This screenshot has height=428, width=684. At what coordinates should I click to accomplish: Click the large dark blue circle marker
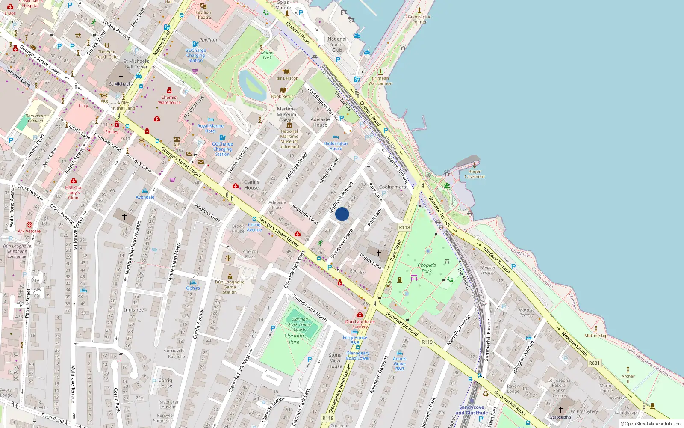click(342, 214)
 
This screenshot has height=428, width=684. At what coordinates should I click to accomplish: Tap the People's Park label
click(426, 268)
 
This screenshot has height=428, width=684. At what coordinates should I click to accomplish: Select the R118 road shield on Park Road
click(404, 228)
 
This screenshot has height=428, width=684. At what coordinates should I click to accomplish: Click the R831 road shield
click(594, 363)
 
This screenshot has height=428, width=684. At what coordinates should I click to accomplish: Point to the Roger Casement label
click(474, 174)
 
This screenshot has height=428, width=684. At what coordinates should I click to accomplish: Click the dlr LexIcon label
click(287, 78)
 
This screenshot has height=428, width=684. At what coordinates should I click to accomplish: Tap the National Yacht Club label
click(337, 45)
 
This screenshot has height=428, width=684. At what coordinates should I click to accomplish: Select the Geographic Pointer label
click(419, 19)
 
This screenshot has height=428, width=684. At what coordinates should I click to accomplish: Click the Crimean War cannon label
click(380, 81)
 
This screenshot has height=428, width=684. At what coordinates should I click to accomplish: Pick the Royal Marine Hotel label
click(210, 128)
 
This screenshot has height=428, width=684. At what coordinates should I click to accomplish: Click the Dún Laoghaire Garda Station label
click(230, 287)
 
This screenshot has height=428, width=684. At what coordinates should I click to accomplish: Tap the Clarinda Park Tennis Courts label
click(300, 324)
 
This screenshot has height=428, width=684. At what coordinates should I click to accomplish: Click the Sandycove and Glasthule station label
click(472, 410)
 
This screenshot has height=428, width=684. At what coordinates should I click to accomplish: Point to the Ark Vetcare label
click(29, 231)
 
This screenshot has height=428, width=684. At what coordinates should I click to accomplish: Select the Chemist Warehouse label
click(169, 100)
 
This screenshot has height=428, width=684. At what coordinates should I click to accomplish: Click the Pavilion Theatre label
click(203, 15)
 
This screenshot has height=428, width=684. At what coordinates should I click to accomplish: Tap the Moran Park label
click(267, 55)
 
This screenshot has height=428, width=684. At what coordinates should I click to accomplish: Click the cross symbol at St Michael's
click(121, 77)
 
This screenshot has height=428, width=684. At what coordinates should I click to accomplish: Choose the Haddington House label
click(336, 146)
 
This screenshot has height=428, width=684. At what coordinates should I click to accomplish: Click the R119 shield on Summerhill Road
click(427, 342)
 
